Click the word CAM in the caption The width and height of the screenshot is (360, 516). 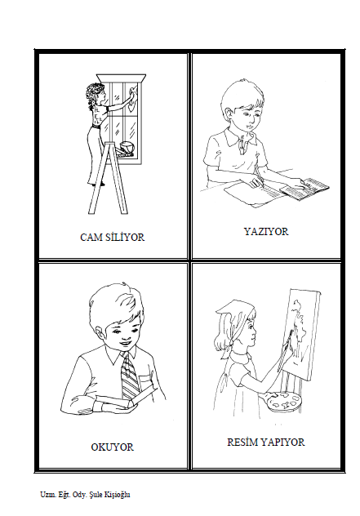click(90, 238)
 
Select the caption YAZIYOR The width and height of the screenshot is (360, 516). click(266, 231)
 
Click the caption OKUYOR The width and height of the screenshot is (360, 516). click(112, 447)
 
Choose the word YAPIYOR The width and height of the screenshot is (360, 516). click(282, 442)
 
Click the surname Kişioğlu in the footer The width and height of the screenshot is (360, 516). click(117, 495)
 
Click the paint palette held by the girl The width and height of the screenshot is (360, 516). click(283, 401)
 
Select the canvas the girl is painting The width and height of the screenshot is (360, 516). click(304, 333)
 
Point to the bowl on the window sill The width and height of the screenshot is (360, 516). click(127, 146)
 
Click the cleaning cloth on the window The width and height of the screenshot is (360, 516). click(133, 98)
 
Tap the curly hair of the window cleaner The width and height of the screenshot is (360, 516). click(93, 94)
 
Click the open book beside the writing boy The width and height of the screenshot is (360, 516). click(304, 189)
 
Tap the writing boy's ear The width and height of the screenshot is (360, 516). click(228, 111)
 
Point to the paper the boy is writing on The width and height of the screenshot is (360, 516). click(254, 195)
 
